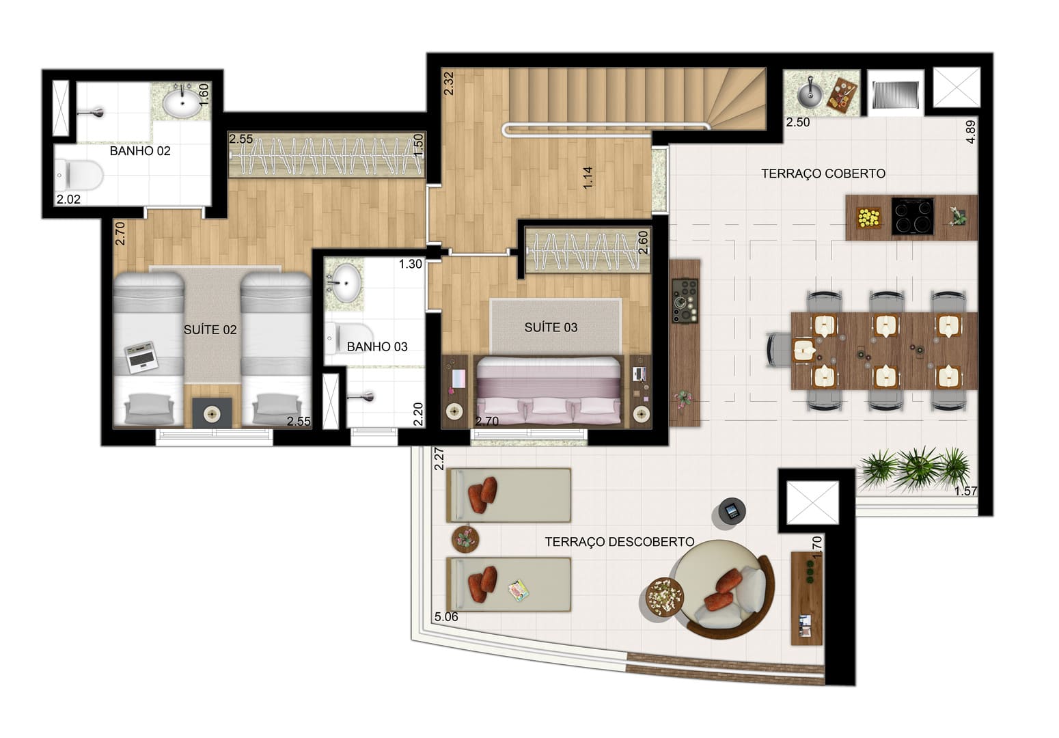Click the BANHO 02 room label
pyautogui.click(x=140, y=151)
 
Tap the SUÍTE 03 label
pyautogui.click(x=551, y=327)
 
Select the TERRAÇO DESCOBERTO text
pyautogui.click(x=619, y=542)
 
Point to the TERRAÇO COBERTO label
pyautogui.click(x=823, y=174)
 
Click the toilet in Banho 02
pyautogui.click(x=79, y=175)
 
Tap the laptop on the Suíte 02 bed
pyautogui.click(x=141, y=357)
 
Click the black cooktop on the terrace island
pyautogui.click(x=912, y=216)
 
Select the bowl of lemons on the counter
pyautogui.click(x=869, y=218)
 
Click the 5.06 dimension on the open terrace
pyautogui.click(x=446, y=616)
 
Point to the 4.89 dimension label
pyautogui.click(x=970, y=132)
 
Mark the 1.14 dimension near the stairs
pyautogui.click(x=588, y=178)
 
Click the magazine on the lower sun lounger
pyautogui.click(x=519, y=590)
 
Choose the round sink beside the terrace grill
pyautogui.click(x=810, y=93)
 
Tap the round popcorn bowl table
pyautogui.click(x=664, y=596)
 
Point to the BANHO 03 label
pyautogui.click(x=376, y=346)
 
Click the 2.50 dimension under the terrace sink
pyautogui.click(x=798, y=122)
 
